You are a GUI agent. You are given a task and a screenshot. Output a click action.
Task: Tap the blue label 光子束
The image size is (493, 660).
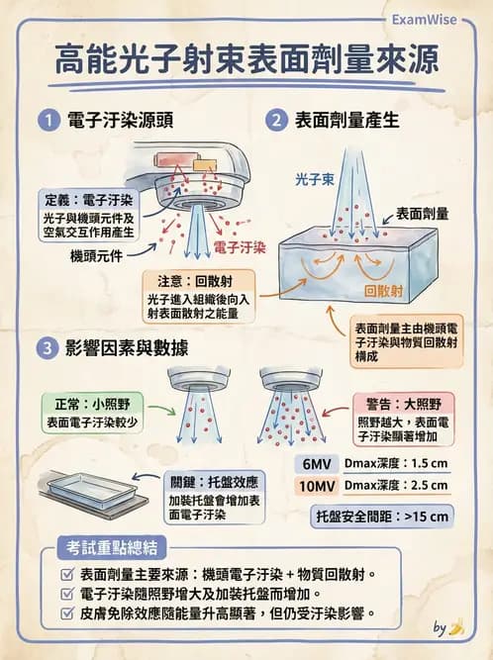[x=314, y=181]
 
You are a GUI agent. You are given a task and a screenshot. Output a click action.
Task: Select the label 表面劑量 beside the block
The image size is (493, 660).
[x=423, y=213]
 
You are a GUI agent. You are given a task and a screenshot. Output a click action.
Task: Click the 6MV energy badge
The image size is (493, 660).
[x=316, y=463]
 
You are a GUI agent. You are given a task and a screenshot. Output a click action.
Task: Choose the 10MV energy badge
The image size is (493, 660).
[x=316, y=486]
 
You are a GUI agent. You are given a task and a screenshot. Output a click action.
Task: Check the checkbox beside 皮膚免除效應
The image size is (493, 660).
[x=66, y=613]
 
